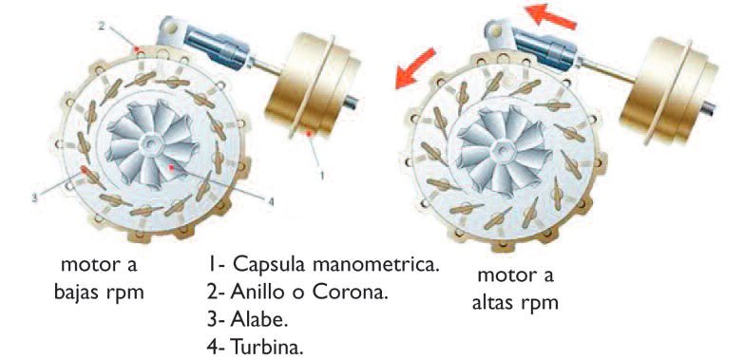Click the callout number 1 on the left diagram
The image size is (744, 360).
[x=323, y=175]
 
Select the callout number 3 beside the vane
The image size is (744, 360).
[x=34, y=198]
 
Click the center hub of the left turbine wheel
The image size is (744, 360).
[x=151, y=144]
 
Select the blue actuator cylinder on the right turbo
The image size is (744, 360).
[x=548, y=45]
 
